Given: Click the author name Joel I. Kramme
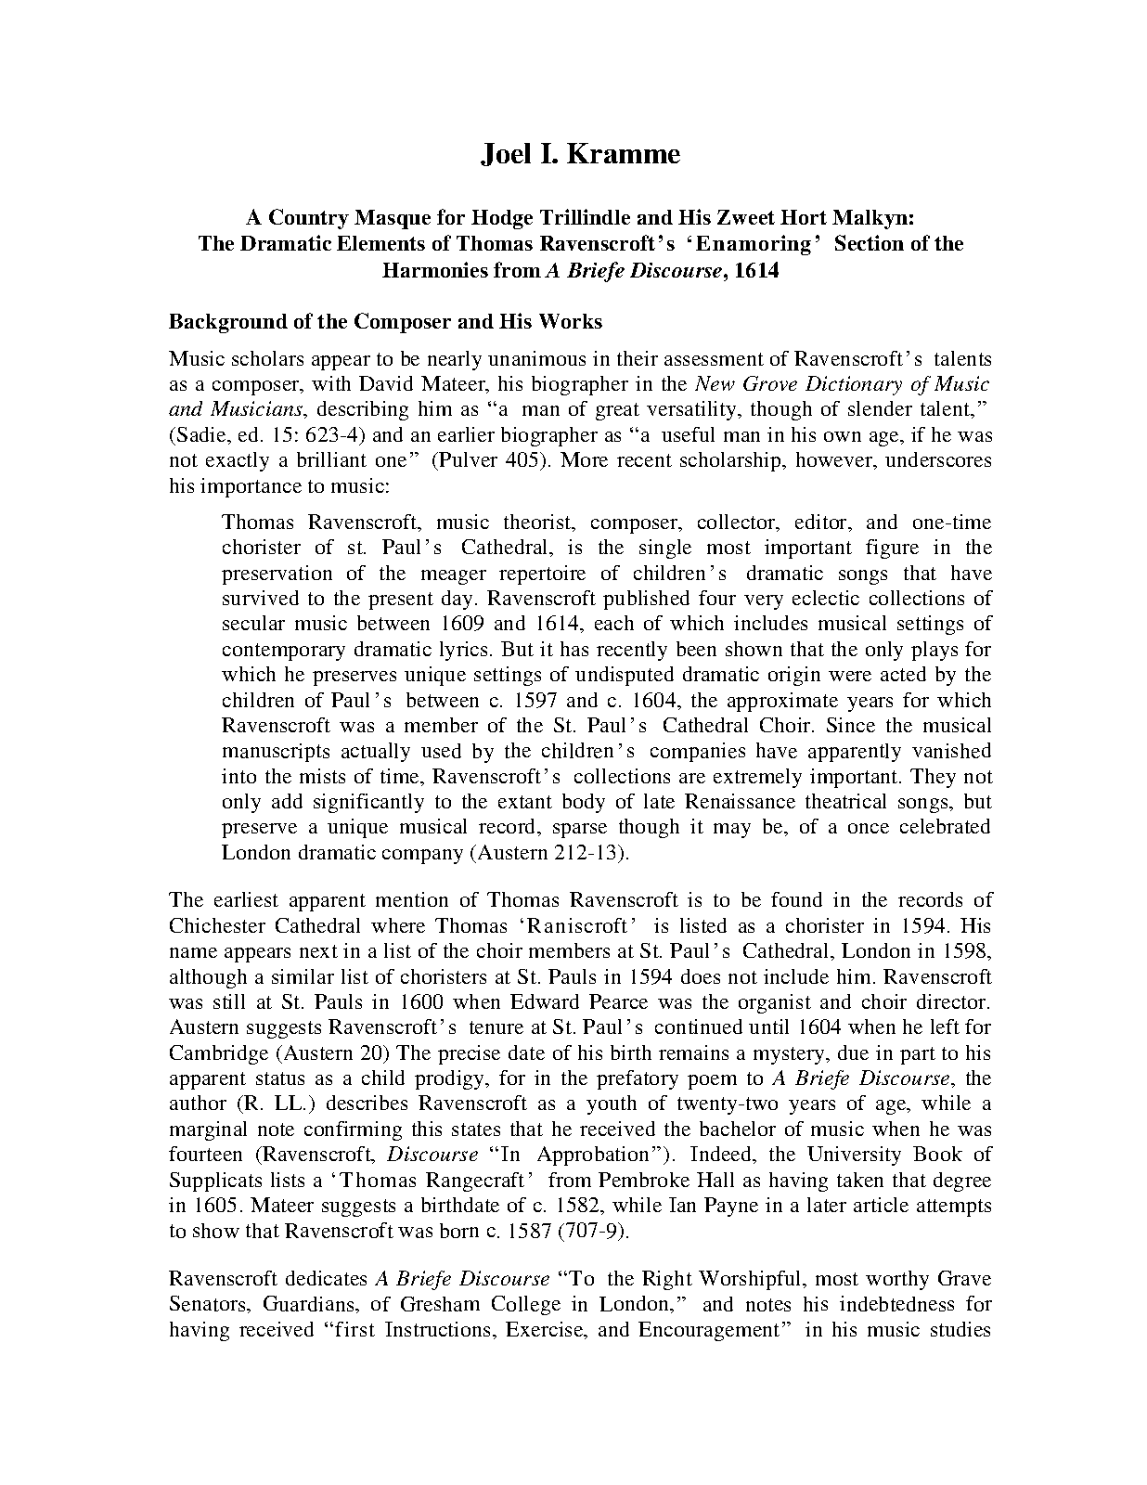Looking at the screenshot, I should click(x=580, y=153).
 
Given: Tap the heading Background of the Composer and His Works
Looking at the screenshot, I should click(x=385, y=322).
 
